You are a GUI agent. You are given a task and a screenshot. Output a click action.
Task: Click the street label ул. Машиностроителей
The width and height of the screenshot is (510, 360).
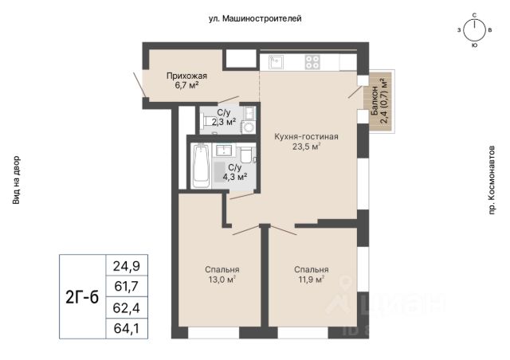click(x=255, y=19)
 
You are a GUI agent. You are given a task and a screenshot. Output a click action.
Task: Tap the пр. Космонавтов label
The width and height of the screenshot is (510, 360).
click(x=492, y=180)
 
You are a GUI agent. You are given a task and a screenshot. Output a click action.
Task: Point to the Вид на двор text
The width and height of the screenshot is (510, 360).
click(x=16, y=180)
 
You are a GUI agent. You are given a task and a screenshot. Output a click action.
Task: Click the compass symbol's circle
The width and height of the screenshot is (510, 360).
click(x=474, y=31)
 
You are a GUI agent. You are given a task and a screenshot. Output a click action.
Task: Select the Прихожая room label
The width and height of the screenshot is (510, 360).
click(x=186, y=76)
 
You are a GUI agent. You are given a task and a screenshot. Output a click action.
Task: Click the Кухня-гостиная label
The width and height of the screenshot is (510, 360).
click(x=306, y=136)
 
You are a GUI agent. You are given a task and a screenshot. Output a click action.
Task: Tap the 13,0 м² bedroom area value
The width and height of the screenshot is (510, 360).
click(x=222, y=280)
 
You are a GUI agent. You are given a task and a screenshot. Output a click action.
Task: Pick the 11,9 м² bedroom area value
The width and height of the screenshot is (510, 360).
click(x=312, y=280)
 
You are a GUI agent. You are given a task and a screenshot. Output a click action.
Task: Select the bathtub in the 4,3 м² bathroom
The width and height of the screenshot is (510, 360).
click(x=201, y=166)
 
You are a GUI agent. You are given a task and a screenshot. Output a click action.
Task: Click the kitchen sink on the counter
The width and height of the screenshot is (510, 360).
click(x=276, y=62)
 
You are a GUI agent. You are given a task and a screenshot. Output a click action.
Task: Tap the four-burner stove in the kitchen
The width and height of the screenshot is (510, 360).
click(x=312, y=62)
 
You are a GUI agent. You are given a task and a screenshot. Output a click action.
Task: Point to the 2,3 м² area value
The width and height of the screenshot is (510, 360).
click(x=224, y=123)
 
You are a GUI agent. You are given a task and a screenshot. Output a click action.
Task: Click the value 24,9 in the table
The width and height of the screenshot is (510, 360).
click(x=127, y=266)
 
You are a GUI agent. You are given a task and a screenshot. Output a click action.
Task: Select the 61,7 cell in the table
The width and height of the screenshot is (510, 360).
click(x=127, y=287)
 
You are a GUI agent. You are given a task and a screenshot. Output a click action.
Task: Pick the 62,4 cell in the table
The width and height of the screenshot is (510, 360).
click(x=127, y=307)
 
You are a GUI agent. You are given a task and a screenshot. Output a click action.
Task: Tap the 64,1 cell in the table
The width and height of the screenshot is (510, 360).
click(x=127, y=328)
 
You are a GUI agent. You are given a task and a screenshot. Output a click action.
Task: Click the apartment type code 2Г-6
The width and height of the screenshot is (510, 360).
click(x=82, y=296)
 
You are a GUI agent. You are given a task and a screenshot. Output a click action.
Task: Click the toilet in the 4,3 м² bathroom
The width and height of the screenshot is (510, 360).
click(x=245, y=155)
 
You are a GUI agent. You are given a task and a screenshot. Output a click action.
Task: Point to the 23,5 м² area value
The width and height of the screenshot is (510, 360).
click(x=306, y=147)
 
